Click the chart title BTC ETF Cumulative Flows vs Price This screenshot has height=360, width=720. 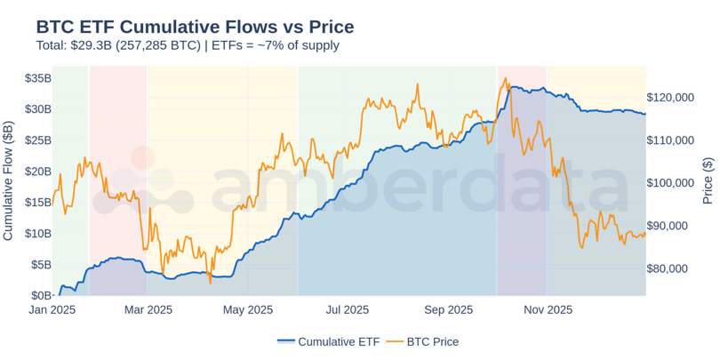(195, 27)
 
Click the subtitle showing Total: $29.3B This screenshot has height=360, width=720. (188, 45)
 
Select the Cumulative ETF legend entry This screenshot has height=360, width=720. (328, 341)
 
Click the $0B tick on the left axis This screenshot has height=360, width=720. (40, 295)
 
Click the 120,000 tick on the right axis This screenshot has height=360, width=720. (675, 97)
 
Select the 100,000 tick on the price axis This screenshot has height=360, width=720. (675, 183)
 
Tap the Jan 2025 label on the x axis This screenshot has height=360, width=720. (52, 310)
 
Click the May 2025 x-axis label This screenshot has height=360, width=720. (247, 310)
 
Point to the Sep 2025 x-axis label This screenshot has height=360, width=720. (448, 310)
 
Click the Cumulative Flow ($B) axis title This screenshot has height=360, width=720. (9, 182)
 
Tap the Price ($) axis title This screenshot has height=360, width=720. (708, 182)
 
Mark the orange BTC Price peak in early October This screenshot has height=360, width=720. (506, 78)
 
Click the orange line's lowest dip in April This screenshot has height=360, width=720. (211, 283)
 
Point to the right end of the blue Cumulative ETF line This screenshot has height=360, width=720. (645, 114)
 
